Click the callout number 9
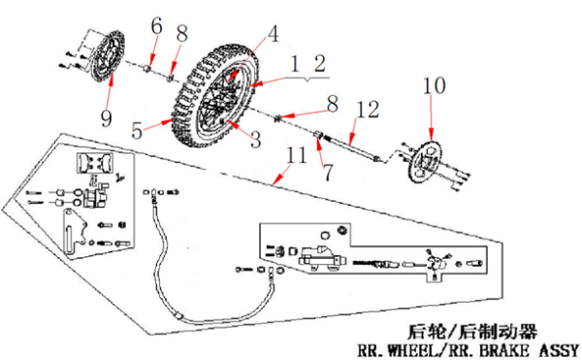[x=106, y=118]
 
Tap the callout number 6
[x=156, y=26]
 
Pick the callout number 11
[x=296, y=155]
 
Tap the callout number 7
[x=328, y=173]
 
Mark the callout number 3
[x=256, y=140]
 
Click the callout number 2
[x=320, y=63]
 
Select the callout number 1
[x=295, y=64]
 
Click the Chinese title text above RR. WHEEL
[x=472, y=332]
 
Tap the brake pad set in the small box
[x=94, y=163]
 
